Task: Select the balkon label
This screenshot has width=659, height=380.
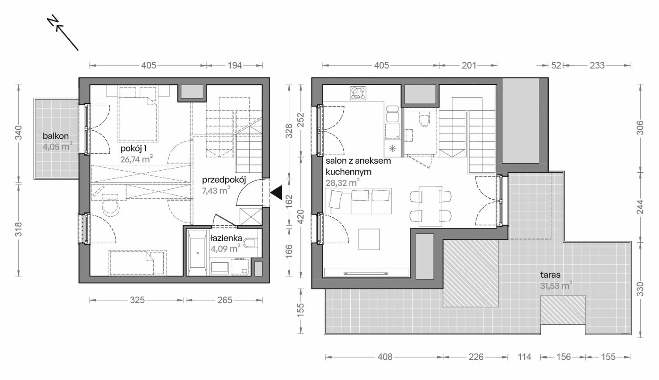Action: [55, 136]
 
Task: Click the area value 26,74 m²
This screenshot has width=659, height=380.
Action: [137, 159]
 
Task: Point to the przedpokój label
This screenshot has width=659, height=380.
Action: [224, 180]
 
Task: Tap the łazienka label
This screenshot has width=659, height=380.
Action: [226, 239]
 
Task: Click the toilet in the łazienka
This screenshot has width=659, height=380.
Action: [250, 243]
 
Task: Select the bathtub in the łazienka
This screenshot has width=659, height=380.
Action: [198, 252]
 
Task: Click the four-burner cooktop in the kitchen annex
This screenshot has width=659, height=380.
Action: [358, 93]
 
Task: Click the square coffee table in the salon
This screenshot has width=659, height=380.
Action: [369, 239]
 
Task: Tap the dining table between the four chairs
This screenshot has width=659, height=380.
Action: [430, 206]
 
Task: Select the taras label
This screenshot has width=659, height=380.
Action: [550, 275]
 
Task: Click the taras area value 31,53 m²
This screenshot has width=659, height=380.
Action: [556, 286]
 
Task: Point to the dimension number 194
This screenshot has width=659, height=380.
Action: [234, 65]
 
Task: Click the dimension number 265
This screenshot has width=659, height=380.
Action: [224, 300]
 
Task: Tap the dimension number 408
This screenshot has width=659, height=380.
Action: [385, 357]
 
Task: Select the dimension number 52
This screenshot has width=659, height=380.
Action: [556, 65]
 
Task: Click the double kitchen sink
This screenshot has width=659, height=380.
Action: [392, 114]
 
